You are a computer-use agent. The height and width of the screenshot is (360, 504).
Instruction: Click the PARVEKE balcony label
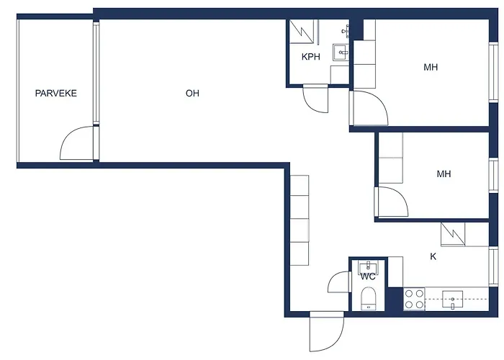[56, 93]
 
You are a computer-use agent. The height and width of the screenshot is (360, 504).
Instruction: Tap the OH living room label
[192, 93]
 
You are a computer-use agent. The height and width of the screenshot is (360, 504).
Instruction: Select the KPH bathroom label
[311, 57]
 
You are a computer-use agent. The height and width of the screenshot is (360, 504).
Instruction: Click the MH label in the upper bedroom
[431, 68]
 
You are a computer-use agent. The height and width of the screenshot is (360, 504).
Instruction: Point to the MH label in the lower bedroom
[444, 174]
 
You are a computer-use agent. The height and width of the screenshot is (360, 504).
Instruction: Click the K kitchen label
[433, 256]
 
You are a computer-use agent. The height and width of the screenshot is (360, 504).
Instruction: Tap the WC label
[367, 276]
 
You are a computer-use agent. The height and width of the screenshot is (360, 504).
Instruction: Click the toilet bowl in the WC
[368, 297]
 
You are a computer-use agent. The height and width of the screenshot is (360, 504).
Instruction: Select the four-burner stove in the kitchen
[413, 298]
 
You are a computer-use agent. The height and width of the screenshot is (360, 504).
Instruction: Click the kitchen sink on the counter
[452, 299]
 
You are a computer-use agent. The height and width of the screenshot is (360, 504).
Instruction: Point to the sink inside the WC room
[367, 266]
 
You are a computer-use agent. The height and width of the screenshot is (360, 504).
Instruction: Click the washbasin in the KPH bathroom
[340, 51]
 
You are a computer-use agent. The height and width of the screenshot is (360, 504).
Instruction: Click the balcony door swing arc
[77, 143]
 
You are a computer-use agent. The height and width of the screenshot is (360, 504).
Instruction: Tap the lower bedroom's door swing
[391, 202]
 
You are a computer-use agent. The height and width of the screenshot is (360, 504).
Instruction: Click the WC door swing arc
[339, 282]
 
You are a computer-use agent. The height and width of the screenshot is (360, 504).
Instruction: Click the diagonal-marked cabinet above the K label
[453, 233]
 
